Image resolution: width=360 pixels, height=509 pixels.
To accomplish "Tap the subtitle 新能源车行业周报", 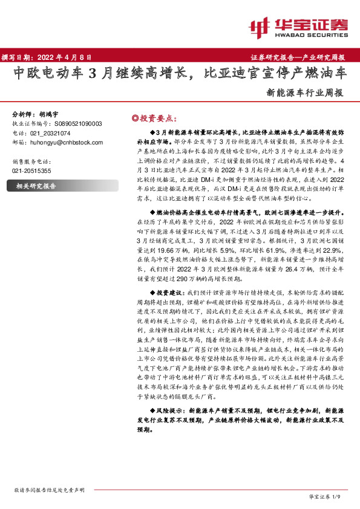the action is pyautogui.click(x=304, y=94).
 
